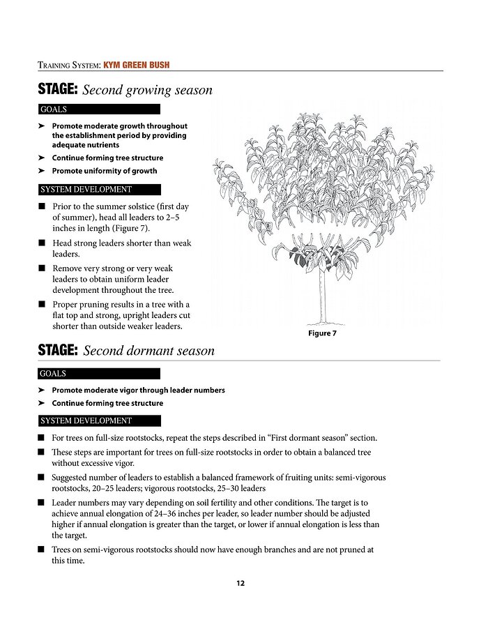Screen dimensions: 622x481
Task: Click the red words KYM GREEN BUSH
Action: pyautogui.click(x=136, y=66)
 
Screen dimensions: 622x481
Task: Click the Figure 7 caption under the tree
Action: pyautogui.click(x=322, y=333)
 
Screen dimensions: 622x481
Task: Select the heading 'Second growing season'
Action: pyautogui.click(x=147, y=90)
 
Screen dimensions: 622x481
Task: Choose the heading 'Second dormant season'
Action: pyautogui.click(x=148, y=351)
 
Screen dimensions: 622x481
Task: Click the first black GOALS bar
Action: pyautogui.click(x=99, y=109)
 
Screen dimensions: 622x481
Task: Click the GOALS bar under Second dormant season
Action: pyautogui.click(x=99, y=374)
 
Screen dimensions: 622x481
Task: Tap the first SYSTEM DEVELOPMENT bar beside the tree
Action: pyautogui.click(x=99, y=190)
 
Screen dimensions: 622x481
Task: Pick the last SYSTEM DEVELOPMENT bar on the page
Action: pyautogui.click(x=99, y=421)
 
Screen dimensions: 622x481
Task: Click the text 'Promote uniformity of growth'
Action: pyautogui.click(x=105, y=171)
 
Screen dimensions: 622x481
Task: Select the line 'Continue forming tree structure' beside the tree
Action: pyautogui.click(x=107, y=158)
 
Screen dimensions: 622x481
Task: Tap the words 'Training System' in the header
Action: pyautogui.click(x=68, y=66)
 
